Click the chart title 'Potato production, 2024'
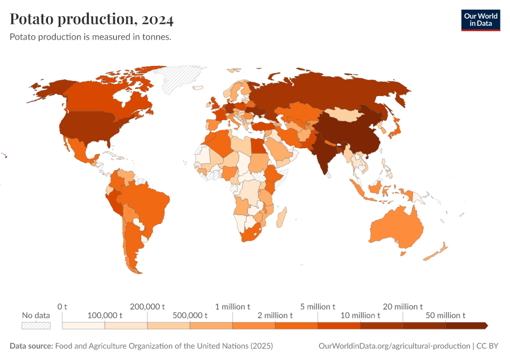[x=92, y=20]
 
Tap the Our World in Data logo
[x=480, y=20]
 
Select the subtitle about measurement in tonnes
[x=91, y=37]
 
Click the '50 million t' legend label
[x=445, y=315]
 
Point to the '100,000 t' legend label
[x=104, y=315]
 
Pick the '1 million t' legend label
[x=232, y=307]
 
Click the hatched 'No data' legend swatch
[x=35, y=325]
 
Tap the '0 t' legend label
[x=62, y=307]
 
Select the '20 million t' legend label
[x=403, y=307]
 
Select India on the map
[x=325, y=150]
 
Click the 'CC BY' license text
[x=491, y=346]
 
